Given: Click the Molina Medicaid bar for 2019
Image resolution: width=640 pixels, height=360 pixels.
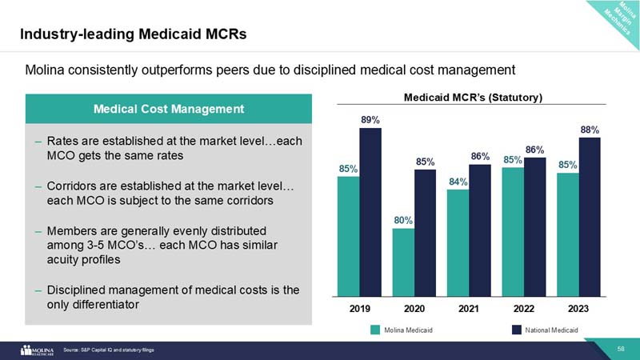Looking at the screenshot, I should click(348, 236).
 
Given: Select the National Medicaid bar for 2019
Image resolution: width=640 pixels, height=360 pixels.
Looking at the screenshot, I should click(370, 212).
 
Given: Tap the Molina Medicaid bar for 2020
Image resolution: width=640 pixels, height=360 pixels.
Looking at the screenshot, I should click(403, 262).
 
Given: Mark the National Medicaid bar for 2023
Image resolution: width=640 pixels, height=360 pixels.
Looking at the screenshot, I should click(589, 217).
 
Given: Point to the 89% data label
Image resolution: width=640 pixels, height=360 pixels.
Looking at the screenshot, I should click(370, 120).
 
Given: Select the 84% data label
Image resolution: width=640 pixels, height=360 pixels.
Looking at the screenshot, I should click(458, 182).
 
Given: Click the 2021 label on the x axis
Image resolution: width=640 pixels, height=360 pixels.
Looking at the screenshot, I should click(469, 306).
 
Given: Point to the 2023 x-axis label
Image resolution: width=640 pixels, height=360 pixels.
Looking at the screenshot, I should click(578, 306).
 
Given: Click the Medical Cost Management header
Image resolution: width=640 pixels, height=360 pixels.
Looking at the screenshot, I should click(168, 108).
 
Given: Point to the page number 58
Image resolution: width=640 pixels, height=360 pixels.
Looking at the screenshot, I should click(620, 349).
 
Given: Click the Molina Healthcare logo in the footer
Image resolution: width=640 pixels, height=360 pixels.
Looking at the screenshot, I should click(36, 350).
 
